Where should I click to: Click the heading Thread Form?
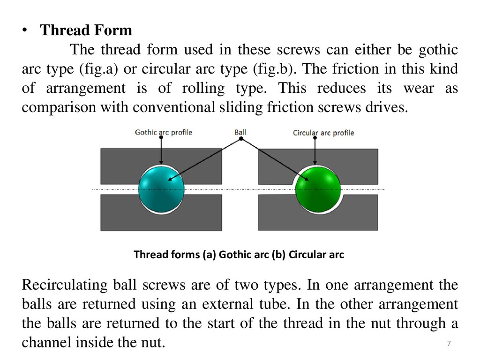86,31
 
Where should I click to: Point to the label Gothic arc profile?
163,132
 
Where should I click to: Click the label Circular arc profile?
323,133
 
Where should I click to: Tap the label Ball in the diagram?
240,132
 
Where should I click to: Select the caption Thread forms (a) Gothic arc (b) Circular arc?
239,255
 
